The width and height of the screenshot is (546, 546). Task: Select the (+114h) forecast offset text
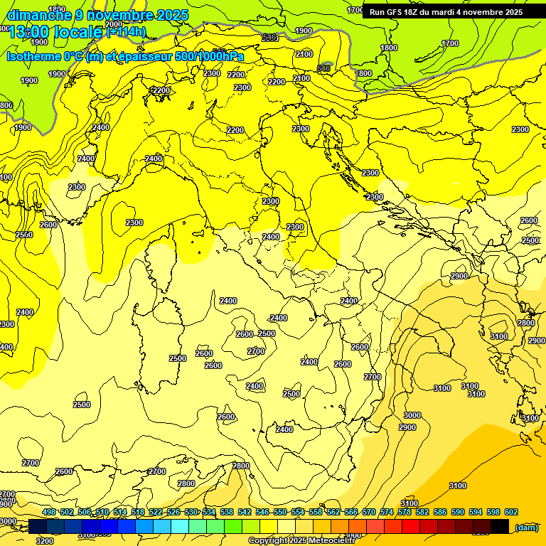tap(126, 31)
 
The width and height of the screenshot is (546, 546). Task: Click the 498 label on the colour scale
tap(49, 512)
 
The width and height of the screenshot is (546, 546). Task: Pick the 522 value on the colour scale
tap(156, 512)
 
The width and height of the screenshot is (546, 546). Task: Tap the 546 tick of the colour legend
tap(262, 512)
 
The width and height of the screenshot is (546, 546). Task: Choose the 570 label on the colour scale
tap(369, 512)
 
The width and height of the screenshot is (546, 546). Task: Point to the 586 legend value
tap(440, 512)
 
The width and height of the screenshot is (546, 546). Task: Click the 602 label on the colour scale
tap(511, 512)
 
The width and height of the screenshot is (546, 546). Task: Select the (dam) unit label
tap(526, 527)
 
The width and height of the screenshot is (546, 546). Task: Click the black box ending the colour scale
tap(500, 526)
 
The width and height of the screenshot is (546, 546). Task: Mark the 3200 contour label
tap(44, 541)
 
